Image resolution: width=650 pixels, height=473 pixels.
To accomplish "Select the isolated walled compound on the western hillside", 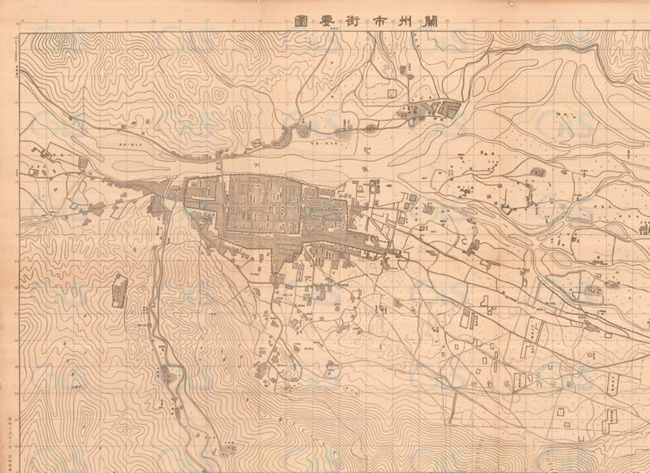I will pyautogui.click(x=119, y=290).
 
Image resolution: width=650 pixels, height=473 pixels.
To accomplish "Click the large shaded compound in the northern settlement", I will pyautogui.click(x=448, y=106).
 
